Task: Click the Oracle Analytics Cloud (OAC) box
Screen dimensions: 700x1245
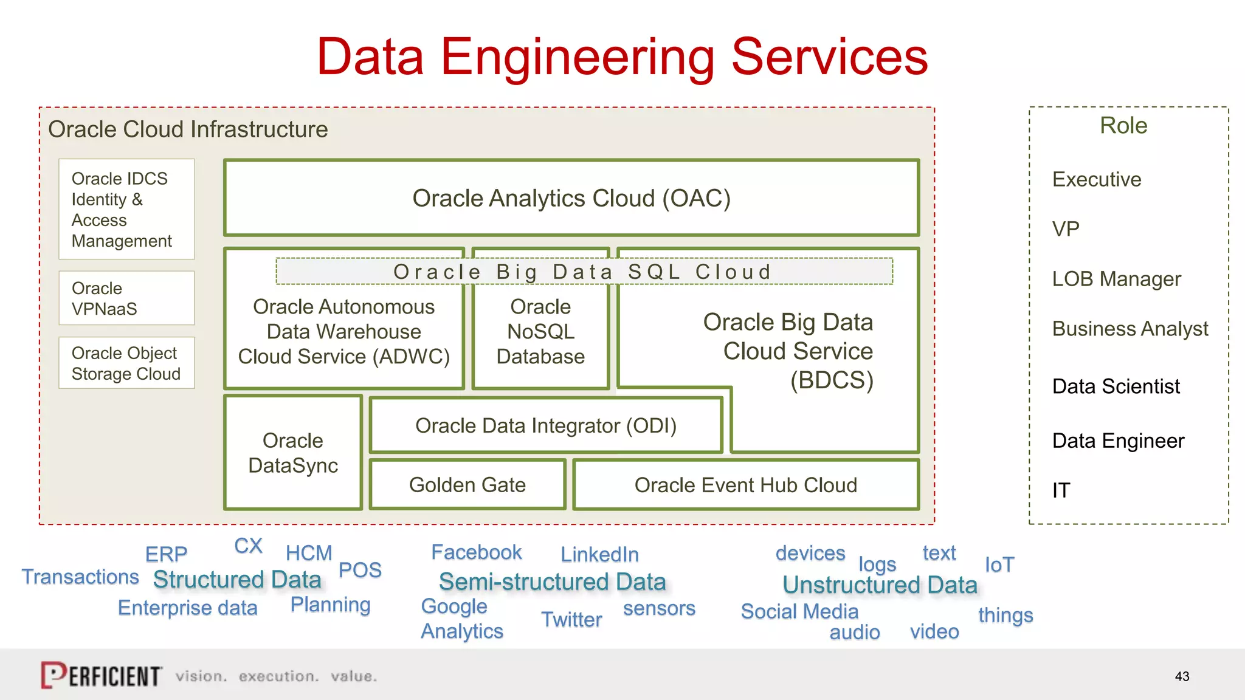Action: click(571, 198)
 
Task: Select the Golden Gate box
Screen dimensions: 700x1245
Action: click(467, 485)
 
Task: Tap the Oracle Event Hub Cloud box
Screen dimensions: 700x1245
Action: click(745, 485)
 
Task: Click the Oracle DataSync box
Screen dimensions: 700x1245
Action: click(293, 453)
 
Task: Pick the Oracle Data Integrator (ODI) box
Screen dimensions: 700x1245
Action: click(545, 425)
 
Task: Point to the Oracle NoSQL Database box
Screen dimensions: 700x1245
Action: click(540, 332)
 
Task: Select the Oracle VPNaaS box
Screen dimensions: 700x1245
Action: click(126, 298)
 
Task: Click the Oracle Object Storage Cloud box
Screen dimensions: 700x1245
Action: click(126, 363)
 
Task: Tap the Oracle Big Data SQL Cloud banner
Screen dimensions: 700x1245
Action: click(584, 272)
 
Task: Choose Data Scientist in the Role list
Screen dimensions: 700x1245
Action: click(1116, 386)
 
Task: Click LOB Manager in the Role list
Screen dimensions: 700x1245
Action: click(1116, 279)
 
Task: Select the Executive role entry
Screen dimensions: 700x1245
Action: click(1097, 179)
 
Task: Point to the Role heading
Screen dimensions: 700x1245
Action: click(1123, 125)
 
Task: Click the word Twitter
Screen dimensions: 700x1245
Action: click(571, 619)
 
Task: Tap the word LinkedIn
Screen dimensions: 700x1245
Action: click(599, 554)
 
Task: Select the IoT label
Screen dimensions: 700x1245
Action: click(999, 564)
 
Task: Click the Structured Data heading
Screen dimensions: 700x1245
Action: click(237, 580)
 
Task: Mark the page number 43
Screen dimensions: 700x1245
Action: click(1182, 676)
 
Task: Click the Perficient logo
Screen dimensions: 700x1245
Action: click(101, 675)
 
